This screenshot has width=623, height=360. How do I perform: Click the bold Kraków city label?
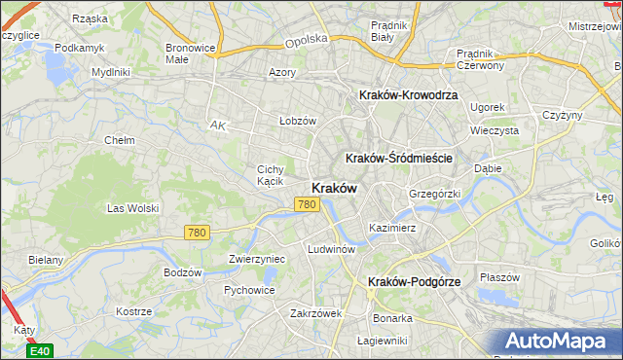pos(333,187)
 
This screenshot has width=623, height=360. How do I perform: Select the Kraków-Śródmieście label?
pos(402,158)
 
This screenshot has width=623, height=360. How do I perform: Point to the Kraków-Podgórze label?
pos(415,281)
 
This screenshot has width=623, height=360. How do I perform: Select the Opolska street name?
pos(306,42)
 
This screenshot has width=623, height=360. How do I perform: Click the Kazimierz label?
pos(392,228)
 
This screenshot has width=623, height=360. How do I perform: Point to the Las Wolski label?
pos(132,208)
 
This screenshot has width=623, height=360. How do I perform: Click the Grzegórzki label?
pos(434,194)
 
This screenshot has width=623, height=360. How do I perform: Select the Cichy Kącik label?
pos(271,174)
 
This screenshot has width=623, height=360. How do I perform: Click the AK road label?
pos(218,125)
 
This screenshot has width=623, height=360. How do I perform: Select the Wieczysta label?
pos(493,129)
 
